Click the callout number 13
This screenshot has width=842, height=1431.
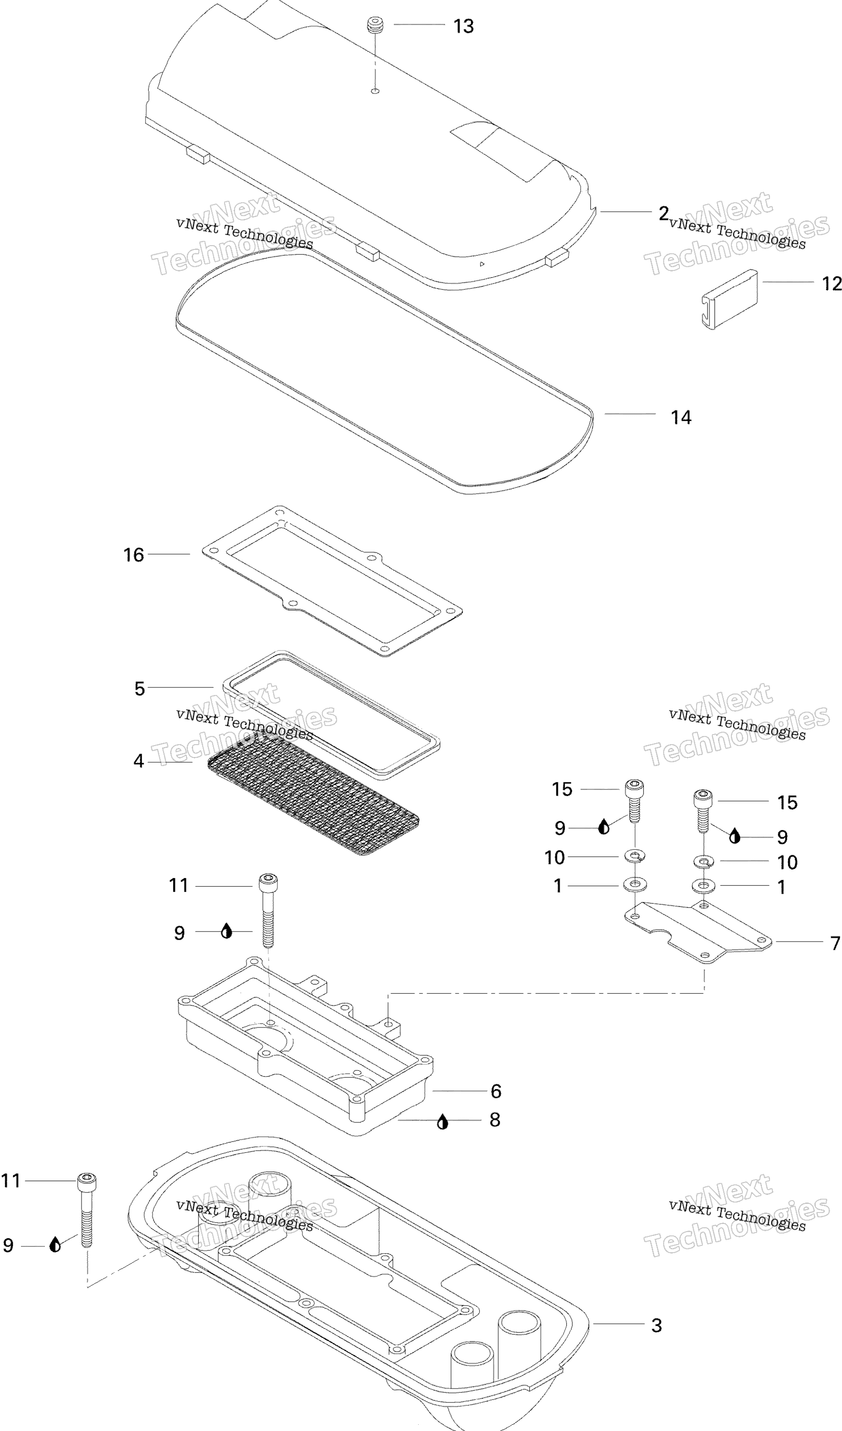click(x=463, y=26)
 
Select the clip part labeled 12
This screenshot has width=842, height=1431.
click(x=729, y=299)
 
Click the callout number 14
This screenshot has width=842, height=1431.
click(x=681, y=418)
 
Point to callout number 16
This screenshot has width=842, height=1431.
click(x=134, y=555)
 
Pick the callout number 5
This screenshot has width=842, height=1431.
click(x=140, y=689)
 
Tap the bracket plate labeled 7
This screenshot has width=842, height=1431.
click(x=698, y=932)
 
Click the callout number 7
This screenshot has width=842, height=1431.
click(x=835, y=943)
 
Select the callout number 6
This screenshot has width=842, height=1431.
click(x=496, y=1091)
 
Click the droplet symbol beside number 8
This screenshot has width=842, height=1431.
click(x=443, y=1122)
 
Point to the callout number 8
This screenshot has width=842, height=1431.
click(x=495, y=1120)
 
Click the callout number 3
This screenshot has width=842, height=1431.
click(x=657, y=1326)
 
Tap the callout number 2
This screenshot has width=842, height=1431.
click(x=664, y=214)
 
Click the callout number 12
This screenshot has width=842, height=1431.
click(x=832, y=283)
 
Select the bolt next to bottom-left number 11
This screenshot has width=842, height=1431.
click(x=87, y=1210)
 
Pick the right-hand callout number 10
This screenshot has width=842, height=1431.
click(x=787, y=862)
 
